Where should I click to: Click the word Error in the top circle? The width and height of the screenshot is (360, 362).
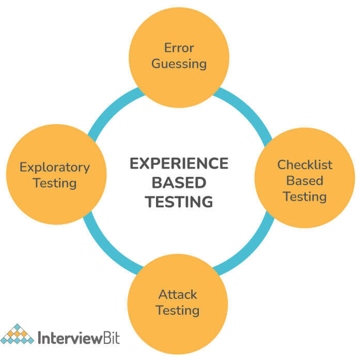pyautogui.click(x=179, y=48)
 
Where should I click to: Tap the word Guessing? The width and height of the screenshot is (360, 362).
pyautogui.click(x=179, y=64)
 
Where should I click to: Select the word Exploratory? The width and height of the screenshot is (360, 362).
pyautogui.click(x=55, y=168)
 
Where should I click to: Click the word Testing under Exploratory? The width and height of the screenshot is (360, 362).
pyautogui.click(x=55, y=183)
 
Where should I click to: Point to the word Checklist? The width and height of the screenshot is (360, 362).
pyautogui.click(x=305, y=165)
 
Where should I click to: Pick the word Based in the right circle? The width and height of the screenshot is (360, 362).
pyautogui.click(x=305, y=180)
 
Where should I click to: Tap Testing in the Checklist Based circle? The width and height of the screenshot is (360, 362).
pyautogui.click(x=305, y=197)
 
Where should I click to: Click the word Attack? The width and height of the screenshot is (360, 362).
pyautogui.click(x=178, y=295)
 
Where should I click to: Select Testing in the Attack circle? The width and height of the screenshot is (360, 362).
pyautogui.click(x=178, y=310)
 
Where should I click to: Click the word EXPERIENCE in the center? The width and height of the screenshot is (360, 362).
pyautogui.click(x=179, y=163)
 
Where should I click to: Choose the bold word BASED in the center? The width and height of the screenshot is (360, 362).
pyautogui.click(x=179, y=183)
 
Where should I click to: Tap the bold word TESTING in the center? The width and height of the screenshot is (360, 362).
pyautogui.click(x=179, y=202)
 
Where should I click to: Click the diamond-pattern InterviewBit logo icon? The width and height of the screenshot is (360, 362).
pyautogui.click(x=17, y=334)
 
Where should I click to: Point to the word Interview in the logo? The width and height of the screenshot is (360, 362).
pyautogui.click(x=70, y=338)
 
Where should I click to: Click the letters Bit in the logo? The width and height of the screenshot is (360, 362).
pyautogui.click(x=111, y=338)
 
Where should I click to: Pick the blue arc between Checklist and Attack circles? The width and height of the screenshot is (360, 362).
pyautogui.click(x=250, y=249)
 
